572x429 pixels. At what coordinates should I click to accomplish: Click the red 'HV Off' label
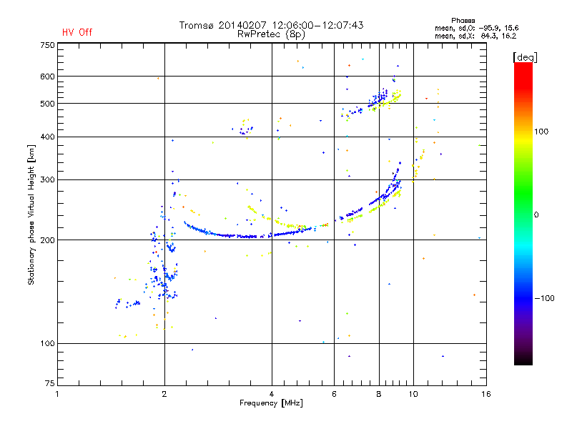pyautogui.click(x=77, y=32)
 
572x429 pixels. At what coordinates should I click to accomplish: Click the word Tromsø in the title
pyautogui.click(x=196, y=25)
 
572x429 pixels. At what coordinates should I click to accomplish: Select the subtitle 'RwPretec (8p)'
pyautogui.click(x=271, y=34)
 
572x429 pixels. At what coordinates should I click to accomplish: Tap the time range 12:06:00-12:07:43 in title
pyautogui.click(x=317, y=25)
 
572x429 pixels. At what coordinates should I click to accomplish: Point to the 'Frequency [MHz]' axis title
pyautogui.click(x=271, y=403)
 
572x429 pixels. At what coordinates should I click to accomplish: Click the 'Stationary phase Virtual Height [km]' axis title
pyautogui.click(x=31, y=215)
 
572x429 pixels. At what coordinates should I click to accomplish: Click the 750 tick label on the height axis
pyautogui.click(x=47, y=45)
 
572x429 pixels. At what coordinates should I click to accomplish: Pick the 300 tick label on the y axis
pyautogui.click(x=47, y=179)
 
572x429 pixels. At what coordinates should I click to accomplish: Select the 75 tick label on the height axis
pyautogui.click(x=49, y=383)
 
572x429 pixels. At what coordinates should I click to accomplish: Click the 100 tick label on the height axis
pyautogui.click(x=47, y=343)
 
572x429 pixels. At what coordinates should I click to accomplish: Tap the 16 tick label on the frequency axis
pyautogui.click(x=486, y=394)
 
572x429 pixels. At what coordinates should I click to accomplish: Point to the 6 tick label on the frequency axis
pyautogui.click(x=334, y=394)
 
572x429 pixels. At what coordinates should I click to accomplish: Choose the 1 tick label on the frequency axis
pyautogui.click(x=57, y=394)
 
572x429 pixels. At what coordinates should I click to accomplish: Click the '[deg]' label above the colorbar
pyautogui.click(x=525, y=57)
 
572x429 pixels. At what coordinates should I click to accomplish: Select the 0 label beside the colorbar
pyautogui.click(x=536, y=215)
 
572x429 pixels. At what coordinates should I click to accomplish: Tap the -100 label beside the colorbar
pyautogui.click(x=544, y=298)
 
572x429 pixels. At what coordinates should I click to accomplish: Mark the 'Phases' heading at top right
pyautogui.click(x=463, y=21)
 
